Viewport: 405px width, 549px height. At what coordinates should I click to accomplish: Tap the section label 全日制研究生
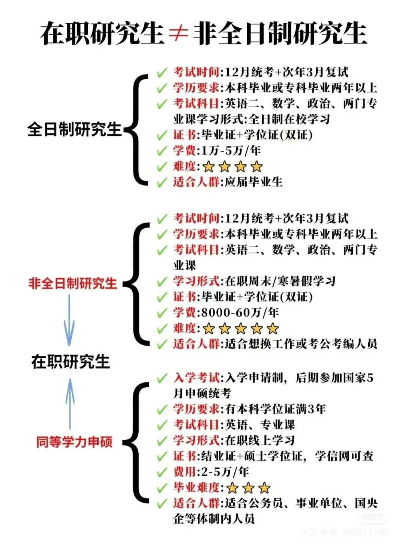[x=74, y=129]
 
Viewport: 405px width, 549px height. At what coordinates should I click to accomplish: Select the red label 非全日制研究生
[x=73, y=283]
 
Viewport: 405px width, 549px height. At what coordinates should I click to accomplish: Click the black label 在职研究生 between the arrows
[x=70, y=361]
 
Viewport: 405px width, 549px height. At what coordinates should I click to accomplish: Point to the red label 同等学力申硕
[x=74, y=442]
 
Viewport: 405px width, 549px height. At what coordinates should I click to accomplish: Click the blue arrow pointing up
[x=70, y=403]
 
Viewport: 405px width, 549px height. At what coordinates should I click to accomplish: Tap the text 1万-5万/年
[x=231, y=151]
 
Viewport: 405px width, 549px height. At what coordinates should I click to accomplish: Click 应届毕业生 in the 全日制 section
[x=253, y=182]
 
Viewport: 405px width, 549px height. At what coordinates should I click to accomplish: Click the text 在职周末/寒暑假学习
[x=280, y=281]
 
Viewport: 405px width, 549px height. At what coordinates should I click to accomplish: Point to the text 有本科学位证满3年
[x=276, y=409]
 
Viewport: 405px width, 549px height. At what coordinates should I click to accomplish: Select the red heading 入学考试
[x=196, y=378]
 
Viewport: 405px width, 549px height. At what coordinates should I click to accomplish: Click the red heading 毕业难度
[x=196, y=487]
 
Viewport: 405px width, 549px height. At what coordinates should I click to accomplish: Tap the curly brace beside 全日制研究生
[x=137, y=129]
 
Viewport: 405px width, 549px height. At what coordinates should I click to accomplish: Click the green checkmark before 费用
[x=162, y=472]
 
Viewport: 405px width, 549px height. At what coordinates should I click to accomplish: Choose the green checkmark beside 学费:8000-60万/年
[x=162, y=313]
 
